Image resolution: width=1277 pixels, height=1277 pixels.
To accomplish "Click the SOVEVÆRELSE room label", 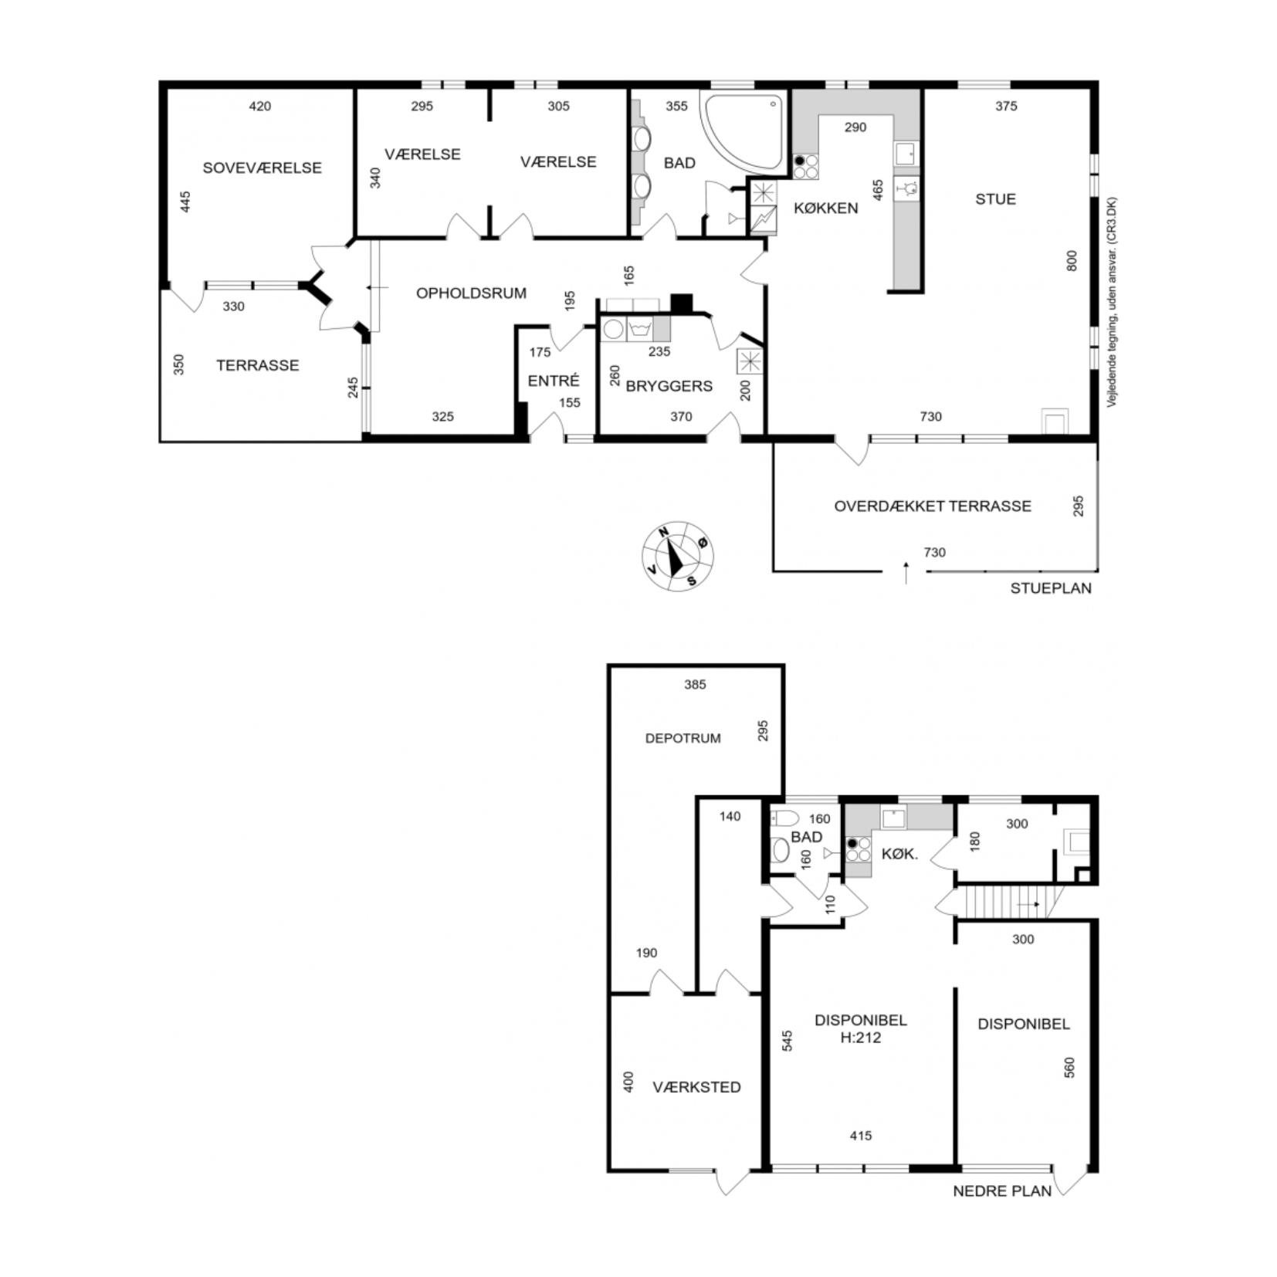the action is [262, 168].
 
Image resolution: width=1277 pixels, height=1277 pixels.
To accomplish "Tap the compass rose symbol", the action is [678, 556].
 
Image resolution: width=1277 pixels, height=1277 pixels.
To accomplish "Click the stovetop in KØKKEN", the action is [805, 167].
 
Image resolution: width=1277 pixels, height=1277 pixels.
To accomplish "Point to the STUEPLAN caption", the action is [1051, 588].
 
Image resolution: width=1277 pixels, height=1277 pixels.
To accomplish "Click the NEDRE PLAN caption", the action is [1002, 1191].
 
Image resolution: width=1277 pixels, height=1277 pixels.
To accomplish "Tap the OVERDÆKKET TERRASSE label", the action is [933, 506].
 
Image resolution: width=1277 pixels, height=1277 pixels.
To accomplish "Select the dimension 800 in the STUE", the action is [1072, 260].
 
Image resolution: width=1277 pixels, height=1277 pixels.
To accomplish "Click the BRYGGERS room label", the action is [669, 386].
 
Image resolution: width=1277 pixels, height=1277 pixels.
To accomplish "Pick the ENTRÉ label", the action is [554, 381].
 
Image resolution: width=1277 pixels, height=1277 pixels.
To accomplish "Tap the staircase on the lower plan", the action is [1011, 902].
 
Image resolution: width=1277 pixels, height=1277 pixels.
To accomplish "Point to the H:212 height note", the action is [860, 1038].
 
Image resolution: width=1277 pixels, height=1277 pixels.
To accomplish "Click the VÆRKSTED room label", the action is [696, 1087].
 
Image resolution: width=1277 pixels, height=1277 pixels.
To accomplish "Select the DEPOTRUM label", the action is [683, 738].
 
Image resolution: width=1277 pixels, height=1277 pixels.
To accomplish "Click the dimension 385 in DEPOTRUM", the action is [695, 684].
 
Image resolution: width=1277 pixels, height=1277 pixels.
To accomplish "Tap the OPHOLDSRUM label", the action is [471, 293].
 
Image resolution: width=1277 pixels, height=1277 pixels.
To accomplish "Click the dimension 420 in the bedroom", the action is [260, 107].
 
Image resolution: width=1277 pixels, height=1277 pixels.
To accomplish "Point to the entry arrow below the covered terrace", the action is [906, 574].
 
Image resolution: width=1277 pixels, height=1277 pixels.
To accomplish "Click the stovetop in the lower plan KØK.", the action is [858, 849].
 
